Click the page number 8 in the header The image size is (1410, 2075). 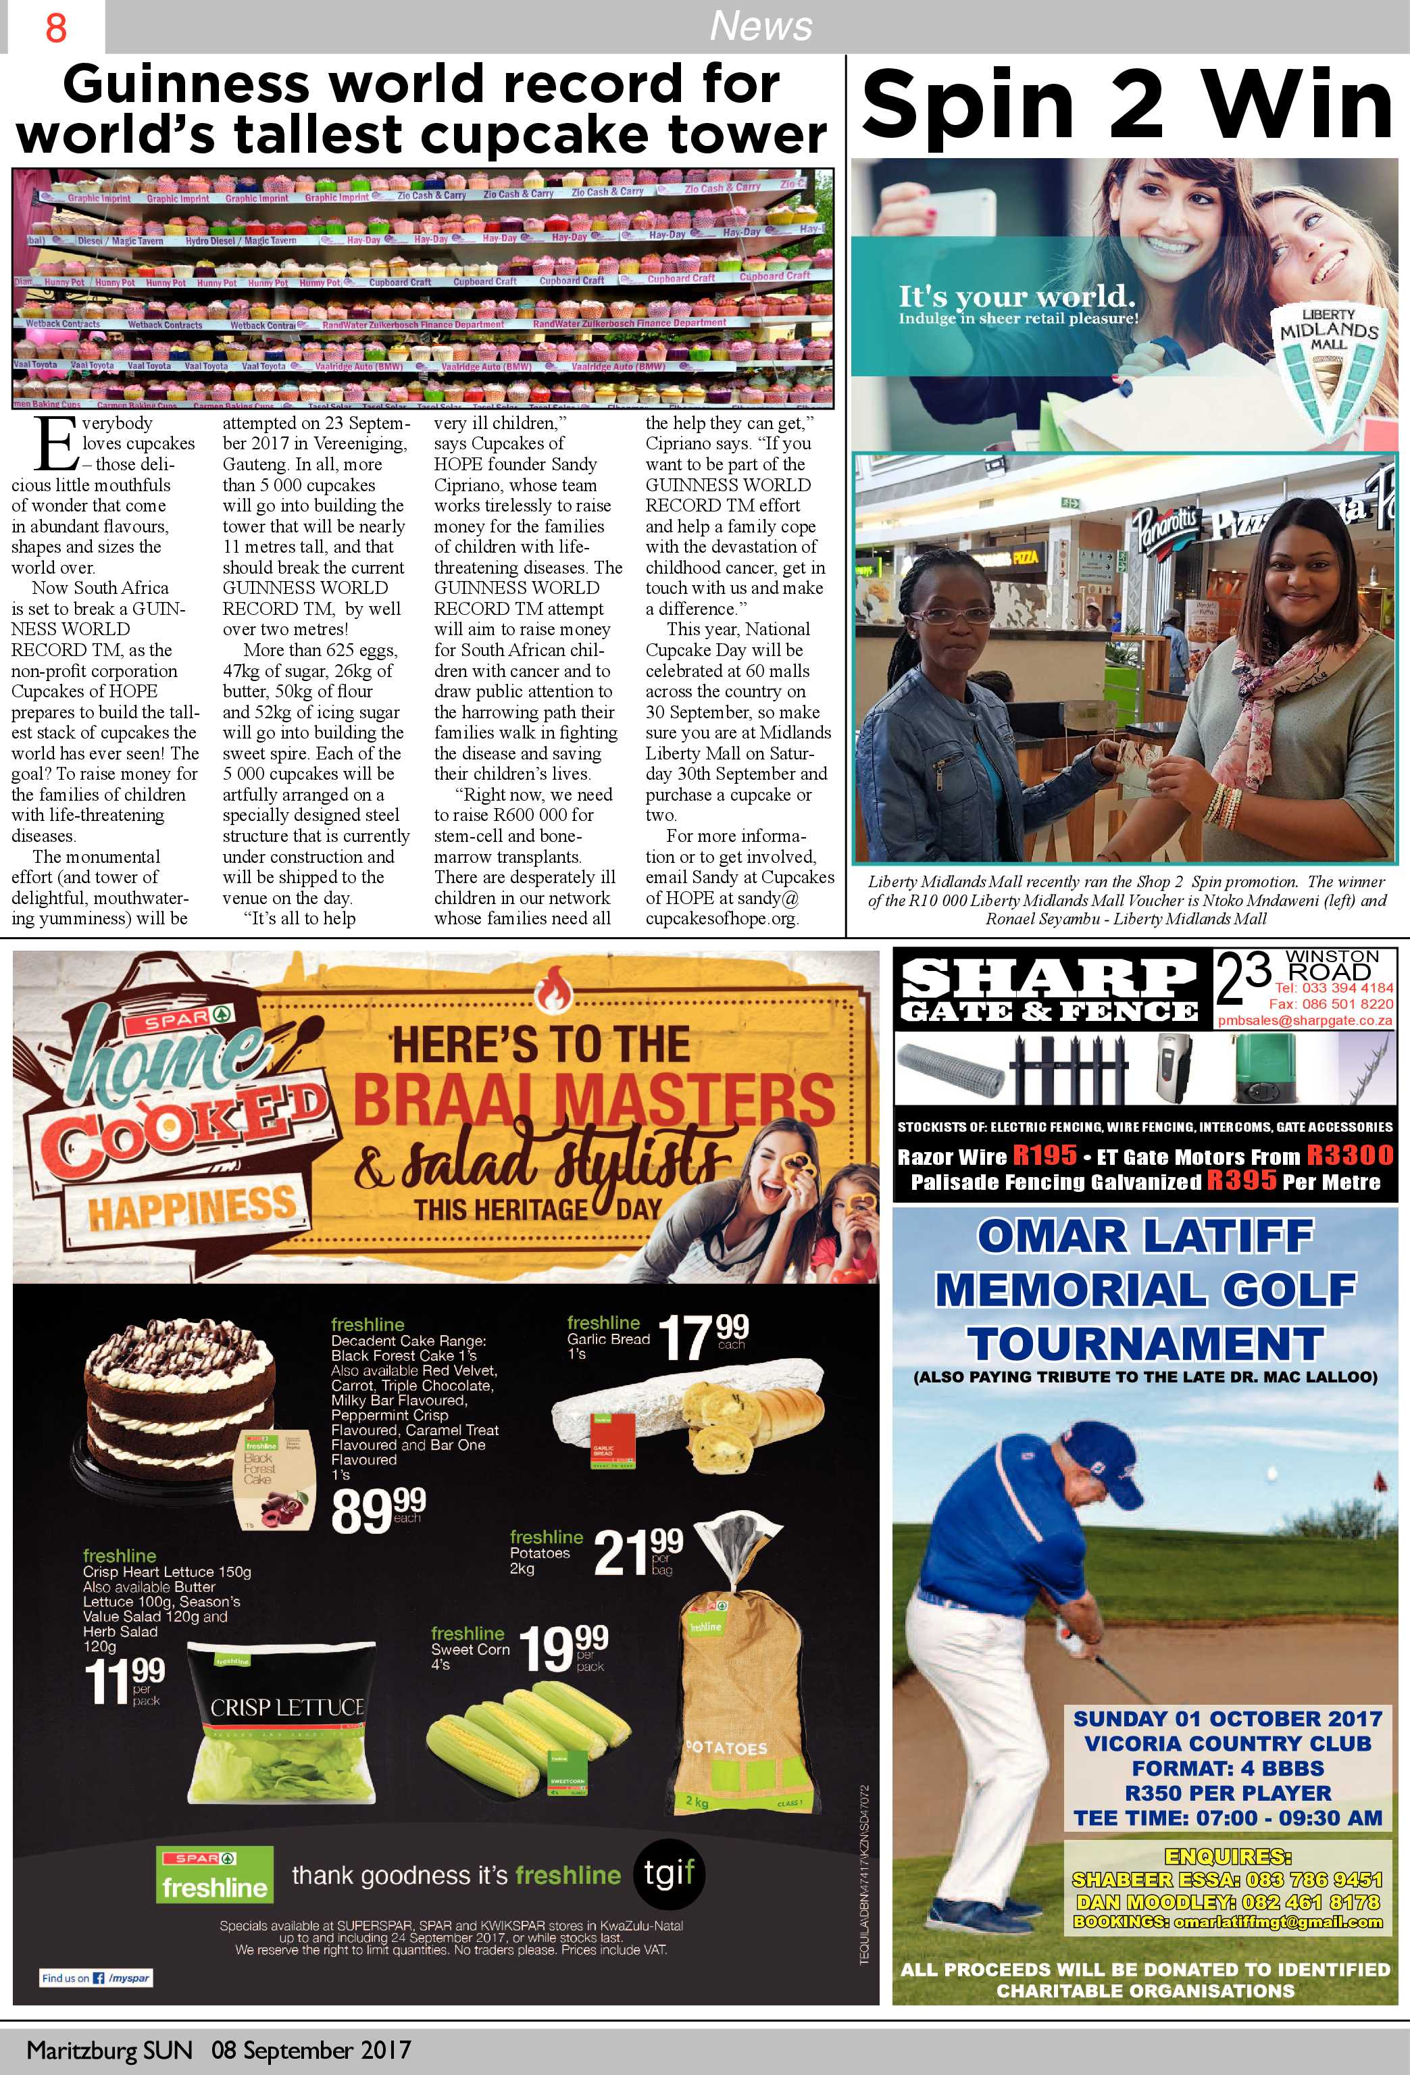55,28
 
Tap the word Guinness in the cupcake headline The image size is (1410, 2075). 182,85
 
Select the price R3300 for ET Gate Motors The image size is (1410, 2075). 1349,1155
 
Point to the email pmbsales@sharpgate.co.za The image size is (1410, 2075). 1305,1020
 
